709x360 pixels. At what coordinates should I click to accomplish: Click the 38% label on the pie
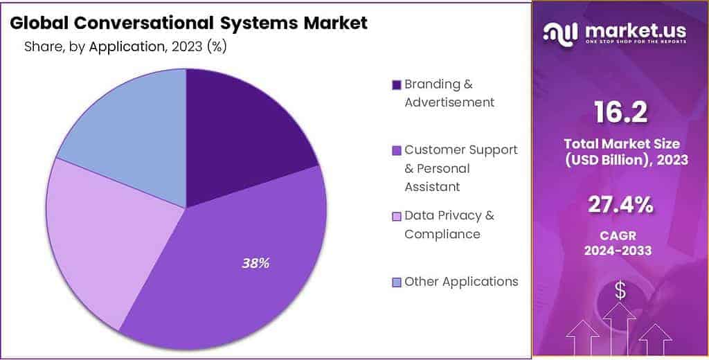pyautogui.click(x=255, y=264)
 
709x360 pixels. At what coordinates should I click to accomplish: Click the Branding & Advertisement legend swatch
pyautogui.click(x=396, y=85)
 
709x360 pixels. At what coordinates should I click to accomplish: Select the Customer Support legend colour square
pyautogui.click(x=396, y=151)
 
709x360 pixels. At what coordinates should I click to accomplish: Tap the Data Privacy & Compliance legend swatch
pyautogui.click(x=396, y=216)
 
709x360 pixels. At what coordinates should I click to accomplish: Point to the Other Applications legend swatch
pyautogui.click(x=396, y=282)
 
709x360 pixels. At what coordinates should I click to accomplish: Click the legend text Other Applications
pyautogui.click(x=461, y=282)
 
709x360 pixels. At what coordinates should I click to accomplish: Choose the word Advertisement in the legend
pyautogui.click(x=449, y=102)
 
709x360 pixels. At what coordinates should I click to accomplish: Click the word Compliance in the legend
pyautogui.click(x=442, y=234)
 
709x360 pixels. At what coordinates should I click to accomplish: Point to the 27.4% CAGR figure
pyautogui.click(x=620, y=206)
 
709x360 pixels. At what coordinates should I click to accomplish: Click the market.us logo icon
pyautogui.click(x=561, y=33)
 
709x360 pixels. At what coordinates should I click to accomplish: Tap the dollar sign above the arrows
pyautogui.click(x=621, y=290)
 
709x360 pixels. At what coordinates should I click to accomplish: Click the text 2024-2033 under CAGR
pyautogui.click(x=618, y=251)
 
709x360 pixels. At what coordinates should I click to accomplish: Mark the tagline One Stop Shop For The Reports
pyautogui.click(x=636, y=41)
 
